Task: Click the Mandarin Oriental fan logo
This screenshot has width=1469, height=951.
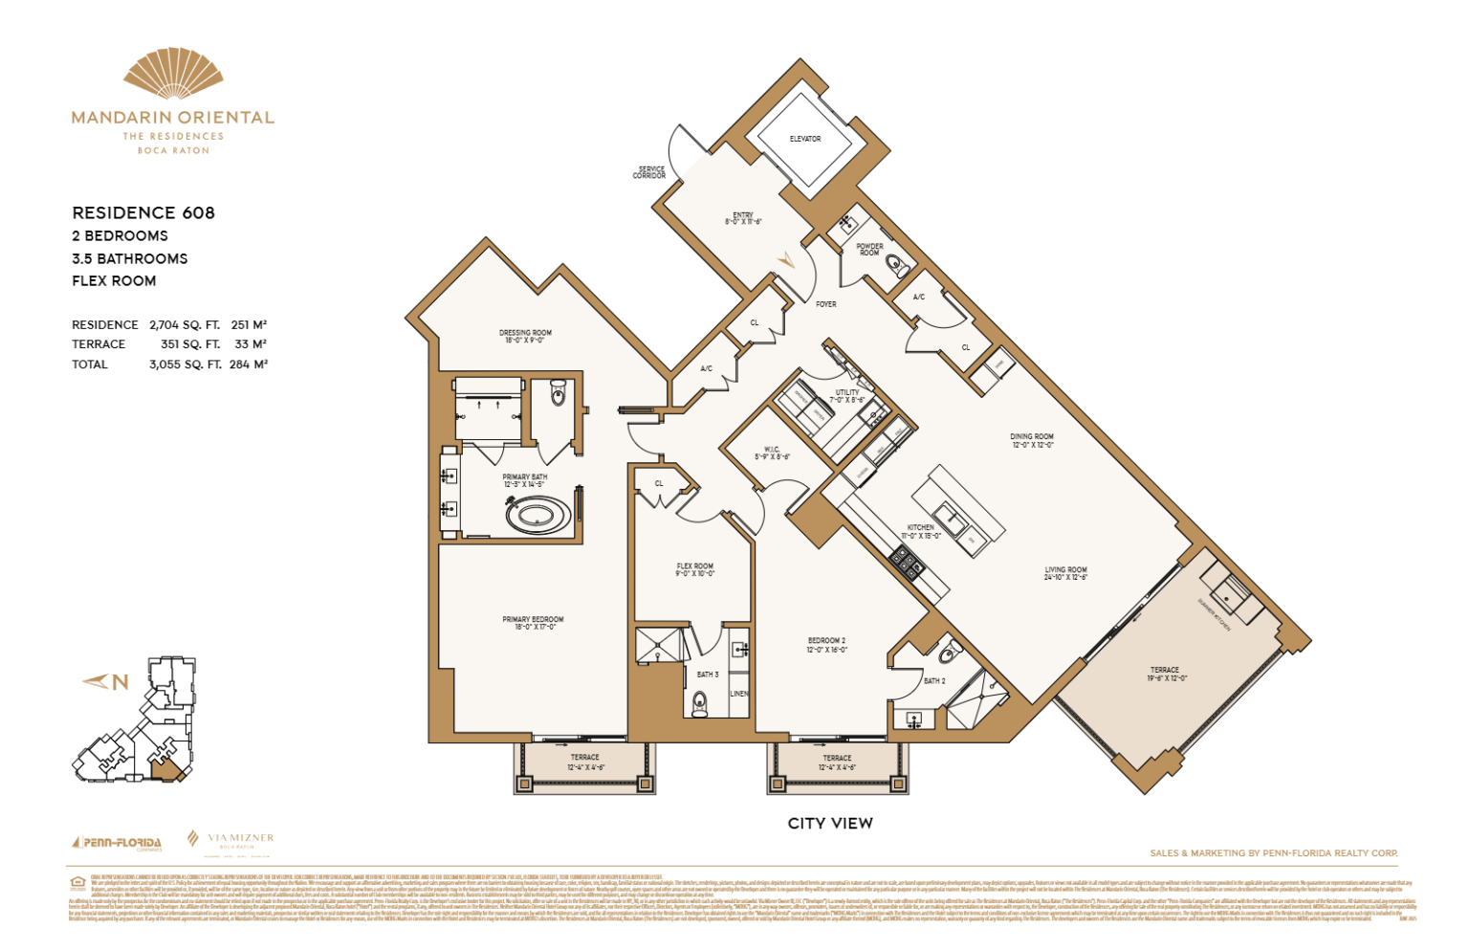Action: point(173,74)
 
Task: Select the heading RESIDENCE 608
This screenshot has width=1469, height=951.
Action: point(143,212)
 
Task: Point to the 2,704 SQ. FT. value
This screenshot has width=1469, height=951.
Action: point(184,325)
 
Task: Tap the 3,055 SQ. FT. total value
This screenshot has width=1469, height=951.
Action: point(185,365)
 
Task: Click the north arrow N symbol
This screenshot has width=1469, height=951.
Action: point(107,682)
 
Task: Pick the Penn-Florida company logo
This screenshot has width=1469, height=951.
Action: point(117,843)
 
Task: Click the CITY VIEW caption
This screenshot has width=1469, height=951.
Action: point(830,823)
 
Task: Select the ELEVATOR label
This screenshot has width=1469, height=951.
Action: point(804,139)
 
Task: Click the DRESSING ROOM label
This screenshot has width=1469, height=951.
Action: point(525,336)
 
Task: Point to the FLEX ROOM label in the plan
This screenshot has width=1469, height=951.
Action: point(694,569)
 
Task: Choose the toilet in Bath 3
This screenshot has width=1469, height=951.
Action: point(700,705)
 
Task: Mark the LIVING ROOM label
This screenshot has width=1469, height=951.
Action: point(1065,573)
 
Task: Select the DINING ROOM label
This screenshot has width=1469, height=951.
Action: point(1032,440)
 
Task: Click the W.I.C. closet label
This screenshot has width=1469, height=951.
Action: point(772,453)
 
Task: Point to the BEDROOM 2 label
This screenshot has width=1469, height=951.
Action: point(826,644)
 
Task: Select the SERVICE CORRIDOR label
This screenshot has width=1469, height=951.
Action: point(649,172)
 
